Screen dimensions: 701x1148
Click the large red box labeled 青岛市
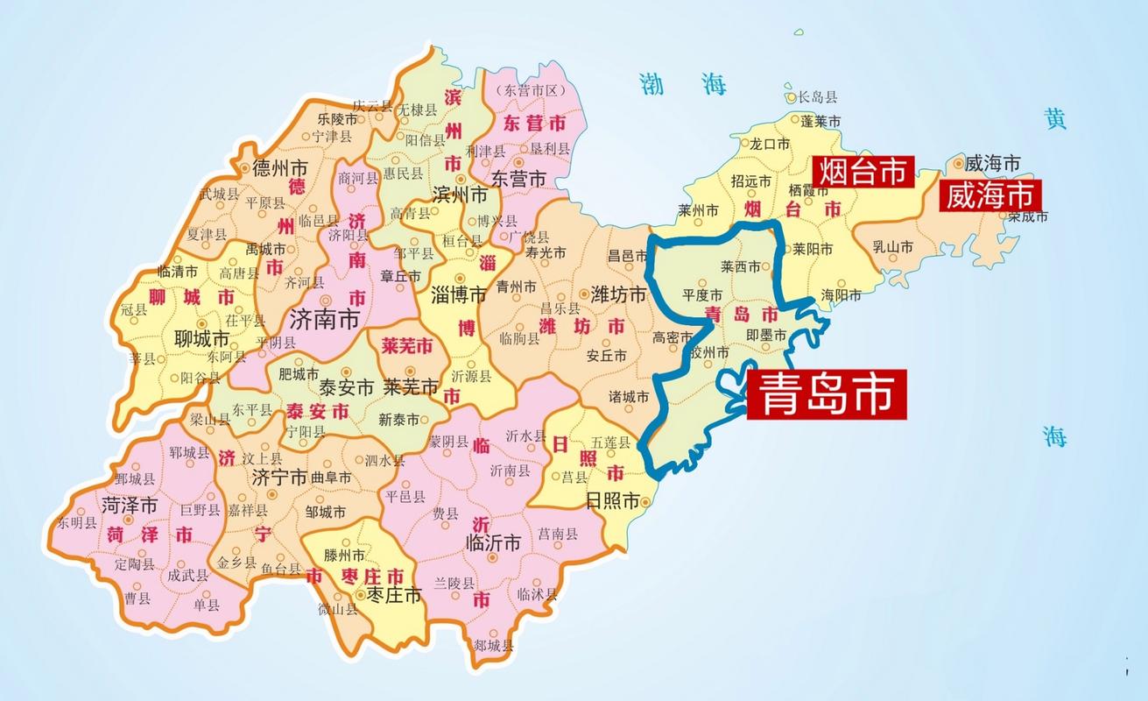point(826,393)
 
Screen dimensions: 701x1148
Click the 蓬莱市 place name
point(821,121)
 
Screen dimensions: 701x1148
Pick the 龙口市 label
point(770,144)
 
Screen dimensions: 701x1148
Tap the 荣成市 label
point(1026,216)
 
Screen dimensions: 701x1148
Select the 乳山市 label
point(892,248)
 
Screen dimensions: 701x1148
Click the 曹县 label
point(137,598)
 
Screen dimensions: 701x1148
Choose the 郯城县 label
point(493,646)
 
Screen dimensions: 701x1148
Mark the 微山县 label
point(338,609)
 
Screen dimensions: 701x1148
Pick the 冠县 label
point(133,308)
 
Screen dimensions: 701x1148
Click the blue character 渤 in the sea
point(653,84)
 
